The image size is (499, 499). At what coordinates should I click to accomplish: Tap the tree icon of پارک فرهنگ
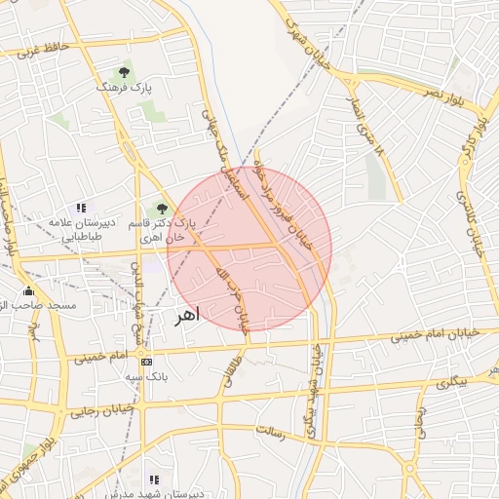coord(124,71)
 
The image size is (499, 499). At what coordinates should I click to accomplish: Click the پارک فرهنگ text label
coord(119,88)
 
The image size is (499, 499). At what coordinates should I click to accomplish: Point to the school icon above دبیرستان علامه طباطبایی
coord(81,208)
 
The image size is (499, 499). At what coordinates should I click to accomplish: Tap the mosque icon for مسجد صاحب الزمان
coord(28,290)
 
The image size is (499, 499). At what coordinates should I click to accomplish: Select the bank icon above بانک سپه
coord(146,361)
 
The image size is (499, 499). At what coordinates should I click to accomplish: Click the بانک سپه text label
coord(150,375)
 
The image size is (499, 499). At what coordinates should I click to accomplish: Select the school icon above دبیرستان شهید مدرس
coord(153,479)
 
